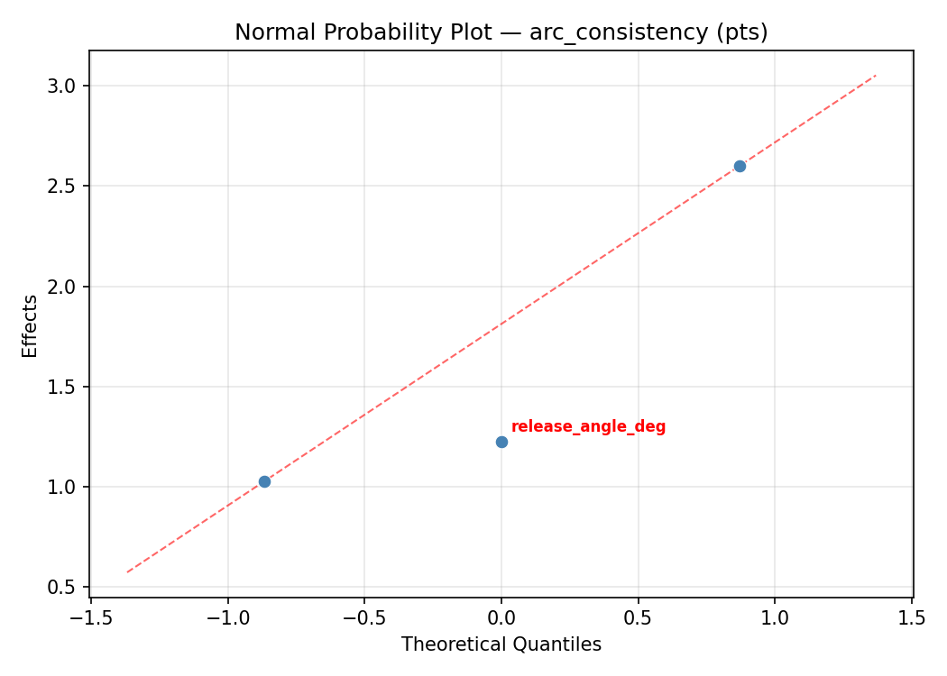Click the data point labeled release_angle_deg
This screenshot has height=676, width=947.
point(501,442)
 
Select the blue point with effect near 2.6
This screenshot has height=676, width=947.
point(740,166)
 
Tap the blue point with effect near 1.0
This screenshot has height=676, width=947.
point(264,481)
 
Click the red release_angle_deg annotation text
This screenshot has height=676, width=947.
point(588,427)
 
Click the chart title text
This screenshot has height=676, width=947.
point(501,32)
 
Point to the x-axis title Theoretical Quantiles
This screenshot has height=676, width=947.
point(501,644)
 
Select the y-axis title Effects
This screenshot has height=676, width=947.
point(31,325)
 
